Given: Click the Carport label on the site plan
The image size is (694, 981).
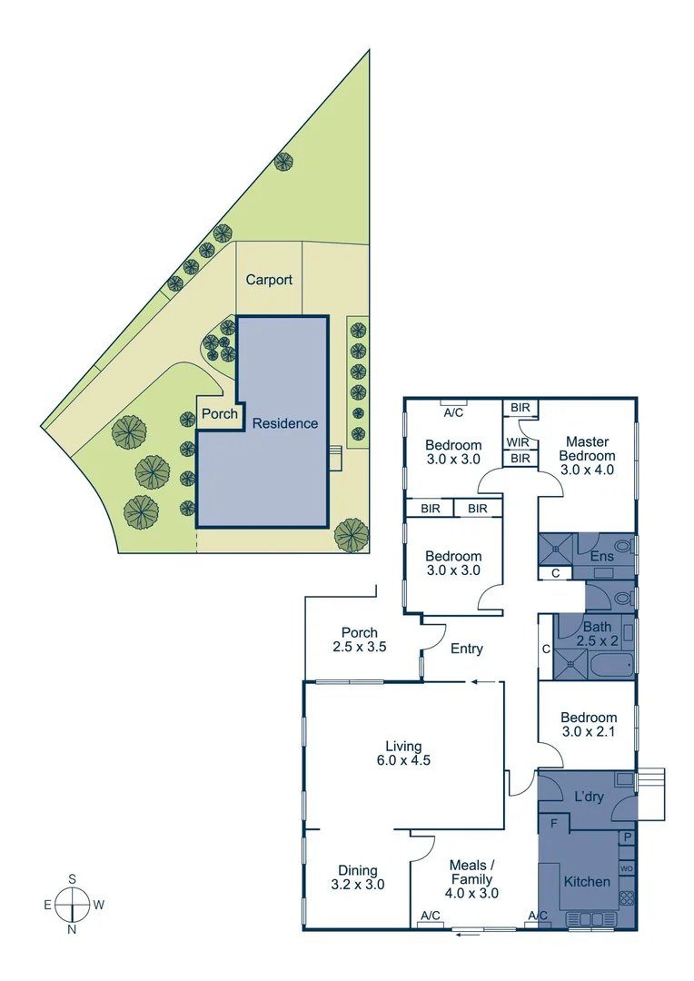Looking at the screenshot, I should tap(269, 280).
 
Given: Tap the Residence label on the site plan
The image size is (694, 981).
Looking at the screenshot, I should tap(285, 423).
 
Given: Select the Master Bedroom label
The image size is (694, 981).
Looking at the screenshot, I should tap(587, 456).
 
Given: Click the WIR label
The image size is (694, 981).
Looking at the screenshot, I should tap(519, 442).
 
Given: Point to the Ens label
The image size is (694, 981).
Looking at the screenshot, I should tap(602, 556).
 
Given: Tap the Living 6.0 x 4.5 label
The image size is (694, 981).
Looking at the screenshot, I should tap(402, 753).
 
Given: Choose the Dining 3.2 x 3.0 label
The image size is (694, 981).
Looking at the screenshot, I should tap(357, 877).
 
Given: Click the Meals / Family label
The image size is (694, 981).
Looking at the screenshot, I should tap(472, 879).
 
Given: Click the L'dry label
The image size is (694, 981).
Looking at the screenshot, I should tap(590, 797).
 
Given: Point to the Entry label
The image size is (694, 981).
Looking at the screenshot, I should tap(467, 649).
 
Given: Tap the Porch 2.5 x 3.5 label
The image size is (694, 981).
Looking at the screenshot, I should tap(360, 640).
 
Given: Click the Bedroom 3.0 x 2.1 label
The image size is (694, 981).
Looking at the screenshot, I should tap(587, 725).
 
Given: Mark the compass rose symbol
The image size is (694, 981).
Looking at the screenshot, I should tap(72, 904).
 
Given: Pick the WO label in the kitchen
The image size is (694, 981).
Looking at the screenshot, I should tap(627, 868).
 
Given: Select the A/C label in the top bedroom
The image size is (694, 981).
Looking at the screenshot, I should tap(453, 411).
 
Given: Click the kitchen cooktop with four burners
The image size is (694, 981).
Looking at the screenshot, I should tap(626, 897).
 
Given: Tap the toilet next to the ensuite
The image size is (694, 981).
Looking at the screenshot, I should tap(621, 599).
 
